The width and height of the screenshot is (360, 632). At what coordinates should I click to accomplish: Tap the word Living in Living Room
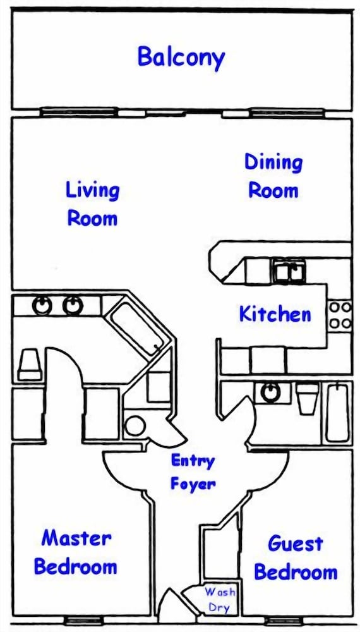pos(93,191)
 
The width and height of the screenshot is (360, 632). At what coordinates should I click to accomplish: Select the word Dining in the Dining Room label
pos(273,162)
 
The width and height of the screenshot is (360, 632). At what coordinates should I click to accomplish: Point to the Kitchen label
pos(275,314)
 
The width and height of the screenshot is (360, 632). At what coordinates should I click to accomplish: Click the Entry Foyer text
pos(193,472)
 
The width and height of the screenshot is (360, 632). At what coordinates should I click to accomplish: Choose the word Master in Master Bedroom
pos(76,538)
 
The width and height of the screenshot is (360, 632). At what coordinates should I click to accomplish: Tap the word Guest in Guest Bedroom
pos(295,544)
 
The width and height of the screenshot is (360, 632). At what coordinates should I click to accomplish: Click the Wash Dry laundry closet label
pos(220,600)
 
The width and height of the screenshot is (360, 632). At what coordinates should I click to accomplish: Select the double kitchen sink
pos(289,270)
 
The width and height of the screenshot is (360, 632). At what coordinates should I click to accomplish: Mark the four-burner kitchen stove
pos(340,315)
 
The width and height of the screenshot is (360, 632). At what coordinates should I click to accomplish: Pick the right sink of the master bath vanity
pos(73,306)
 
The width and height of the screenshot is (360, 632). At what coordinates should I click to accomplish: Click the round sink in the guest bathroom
pos(270,392)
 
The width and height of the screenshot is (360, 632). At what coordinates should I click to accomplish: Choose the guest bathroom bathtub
pos(338,413)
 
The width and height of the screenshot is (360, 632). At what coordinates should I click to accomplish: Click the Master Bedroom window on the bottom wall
pos(78,621)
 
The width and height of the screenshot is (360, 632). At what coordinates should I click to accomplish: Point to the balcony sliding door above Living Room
pos(79,112)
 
